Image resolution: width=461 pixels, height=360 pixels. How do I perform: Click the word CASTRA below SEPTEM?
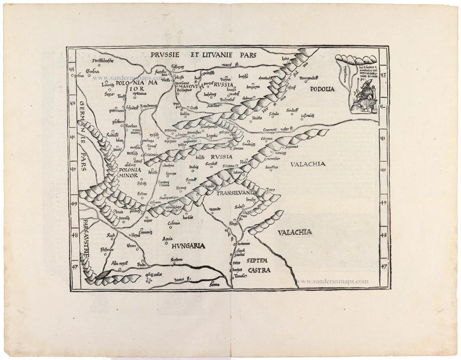259,270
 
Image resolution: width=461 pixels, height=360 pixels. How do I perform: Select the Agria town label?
168,238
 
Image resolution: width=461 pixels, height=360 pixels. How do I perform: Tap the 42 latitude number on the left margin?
72,103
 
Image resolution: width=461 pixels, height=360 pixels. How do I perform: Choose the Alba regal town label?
119,263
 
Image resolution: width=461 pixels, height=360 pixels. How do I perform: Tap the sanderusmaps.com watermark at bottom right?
332,281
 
